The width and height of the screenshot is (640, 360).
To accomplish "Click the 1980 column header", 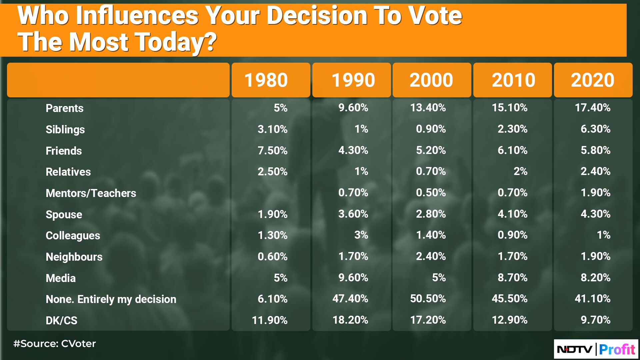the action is (x=266, y=80).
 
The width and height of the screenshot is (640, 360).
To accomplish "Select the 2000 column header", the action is (x=431, y=80).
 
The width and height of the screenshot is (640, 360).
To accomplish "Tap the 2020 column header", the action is (x=593, y=80).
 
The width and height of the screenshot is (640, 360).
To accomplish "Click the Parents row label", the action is (x=64, y=108).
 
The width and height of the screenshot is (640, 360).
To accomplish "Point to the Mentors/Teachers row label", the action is (x=91, y=193).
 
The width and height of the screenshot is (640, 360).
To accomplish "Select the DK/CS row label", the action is (x=61, y=321).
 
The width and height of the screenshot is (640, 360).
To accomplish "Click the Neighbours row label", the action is (x=74, y=257).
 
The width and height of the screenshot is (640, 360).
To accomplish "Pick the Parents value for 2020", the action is (x=593, y=108).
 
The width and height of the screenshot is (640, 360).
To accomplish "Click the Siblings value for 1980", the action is (x=273, y=129).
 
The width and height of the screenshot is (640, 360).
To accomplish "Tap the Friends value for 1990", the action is (x=353, y=150).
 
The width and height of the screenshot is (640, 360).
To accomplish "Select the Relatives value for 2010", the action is (x=521, y=171).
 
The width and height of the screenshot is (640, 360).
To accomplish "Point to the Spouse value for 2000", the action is (x=431, y=214).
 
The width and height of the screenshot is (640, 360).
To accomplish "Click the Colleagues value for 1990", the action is (x=361, y=235).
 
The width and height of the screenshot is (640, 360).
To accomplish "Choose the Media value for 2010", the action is (x=513, y=278).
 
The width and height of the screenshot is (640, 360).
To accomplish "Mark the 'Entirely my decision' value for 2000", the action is (x=428, y=299).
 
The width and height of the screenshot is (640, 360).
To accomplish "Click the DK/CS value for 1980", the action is (x=270, y=320).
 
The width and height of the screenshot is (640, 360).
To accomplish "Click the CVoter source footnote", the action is (x=55, y=344).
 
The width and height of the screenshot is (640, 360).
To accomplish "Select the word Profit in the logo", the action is (x=617, y=349).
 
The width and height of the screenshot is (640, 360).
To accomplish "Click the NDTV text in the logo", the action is (x=575, y=350).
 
